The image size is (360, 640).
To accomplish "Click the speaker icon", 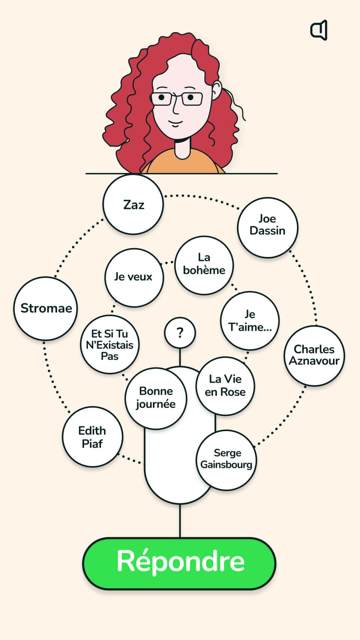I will (x=319, y=30).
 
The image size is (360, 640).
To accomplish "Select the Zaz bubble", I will (x=133, y=204).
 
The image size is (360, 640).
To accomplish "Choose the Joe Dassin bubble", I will (x=267, y=227).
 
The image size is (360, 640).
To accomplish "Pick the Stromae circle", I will (x=46, y=308).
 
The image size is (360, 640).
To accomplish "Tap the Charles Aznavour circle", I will (x=314, y=355).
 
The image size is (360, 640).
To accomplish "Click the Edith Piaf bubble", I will (x=92, y=437).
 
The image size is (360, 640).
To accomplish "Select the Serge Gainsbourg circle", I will (x=226, y=460).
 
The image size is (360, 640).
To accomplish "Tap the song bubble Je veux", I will (x=134, y=277).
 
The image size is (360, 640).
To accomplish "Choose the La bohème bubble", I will (x=204, y=265).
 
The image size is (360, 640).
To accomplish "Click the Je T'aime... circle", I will (x=250, y=321).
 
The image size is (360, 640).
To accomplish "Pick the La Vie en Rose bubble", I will (x=225, y=386).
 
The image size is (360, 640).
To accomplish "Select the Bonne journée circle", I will (x=156, y=398).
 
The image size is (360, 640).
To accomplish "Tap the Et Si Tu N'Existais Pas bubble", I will (x=110, y=344).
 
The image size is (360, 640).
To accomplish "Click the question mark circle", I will (x=180, y=333).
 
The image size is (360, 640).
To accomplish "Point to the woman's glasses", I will (x=177, y=99).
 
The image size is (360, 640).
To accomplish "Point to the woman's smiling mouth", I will (x=175, y=123).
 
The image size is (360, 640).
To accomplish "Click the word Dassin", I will (x=267, y=231).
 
